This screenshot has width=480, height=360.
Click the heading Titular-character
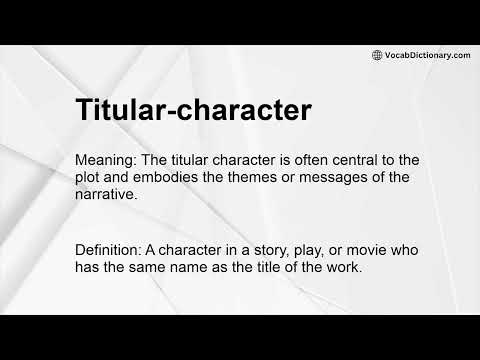[190, 110]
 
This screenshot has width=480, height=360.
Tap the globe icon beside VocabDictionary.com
[377, 55]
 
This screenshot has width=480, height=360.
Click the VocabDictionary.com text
[427, 55]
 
